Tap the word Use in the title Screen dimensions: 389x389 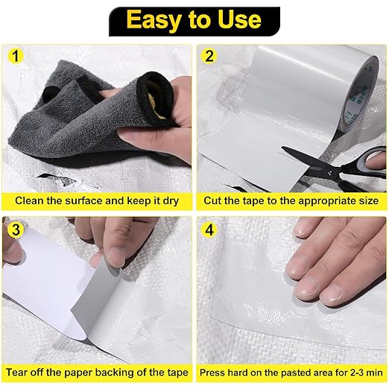click(239, 19)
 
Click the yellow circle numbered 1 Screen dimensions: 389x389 click(16, 56)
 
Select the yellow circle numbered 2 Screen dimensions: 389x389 click(209, 56)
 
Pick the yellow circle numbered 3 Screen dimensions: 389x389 click(16, 230)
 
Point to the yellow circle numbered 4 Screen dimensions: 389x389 click(209, 230)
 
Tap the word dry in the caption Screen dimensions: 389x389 click(171, 201)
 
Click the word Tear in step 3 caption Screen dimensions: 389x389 click(16, 373)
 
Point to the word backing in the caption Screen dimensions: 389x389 click(115, 373)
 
